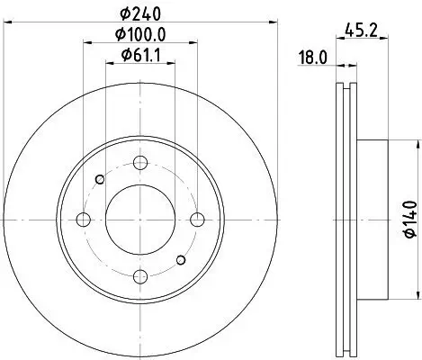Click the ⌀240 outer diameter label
[140, 13]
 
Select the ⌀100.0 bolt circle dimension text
[140, 35]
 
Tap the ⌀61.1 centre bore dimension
[140, 55]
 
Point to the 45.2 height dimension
[361, 30]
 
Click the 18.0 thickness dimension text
[313, 58]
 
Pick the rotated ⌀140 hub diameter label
[410, 220]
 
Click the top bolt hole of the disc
[140, 163]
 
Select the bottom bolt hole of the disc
[140, 276]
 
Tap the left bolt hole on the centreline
[84, 220]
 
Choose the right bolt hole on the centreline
[197, 220]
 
